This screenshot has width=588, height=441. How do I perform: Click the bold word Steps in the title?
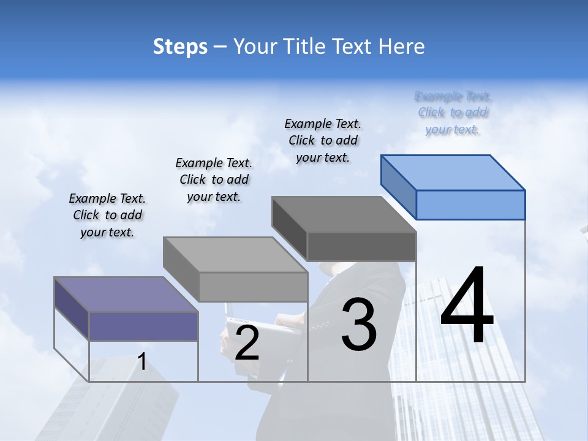point(180,47)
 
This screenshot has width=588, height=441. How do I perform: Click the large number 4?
point(467,306)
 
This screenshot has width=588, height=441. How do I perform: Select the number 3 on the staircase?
point(359,325)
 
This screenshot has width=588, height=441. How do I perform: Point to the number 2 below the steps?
point(247,344)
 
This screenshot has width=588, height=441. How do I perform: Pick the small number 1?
point(141,362)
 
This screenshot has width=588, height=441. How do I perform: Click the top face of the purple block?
point(126,295)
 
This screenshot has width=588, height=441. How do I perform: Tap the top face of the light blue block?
point(453,172)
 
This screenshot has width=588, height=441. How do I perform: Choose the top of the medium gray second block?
point(235,255)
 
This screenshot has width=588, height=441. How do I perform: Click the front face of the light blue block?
point(470,205)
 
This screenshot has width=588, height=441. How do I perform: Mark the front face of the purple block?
point(143,326)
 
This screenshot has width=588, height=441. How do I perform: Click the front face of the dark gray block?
point(361,247)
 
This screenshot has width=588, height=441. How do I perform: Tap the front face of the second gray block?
point(253,287)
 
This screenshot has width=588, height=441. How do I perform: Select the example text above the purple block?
point(107,215)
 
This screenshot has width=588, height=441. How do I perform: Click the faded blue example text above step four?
point(453,113)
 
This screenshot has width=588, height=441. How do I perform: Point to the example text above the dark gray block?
point(323,140)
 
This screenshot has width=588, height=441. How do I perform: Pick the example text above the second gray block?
point(214,179)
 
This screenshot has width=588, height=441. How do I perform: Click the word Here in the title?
point(402,47)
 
